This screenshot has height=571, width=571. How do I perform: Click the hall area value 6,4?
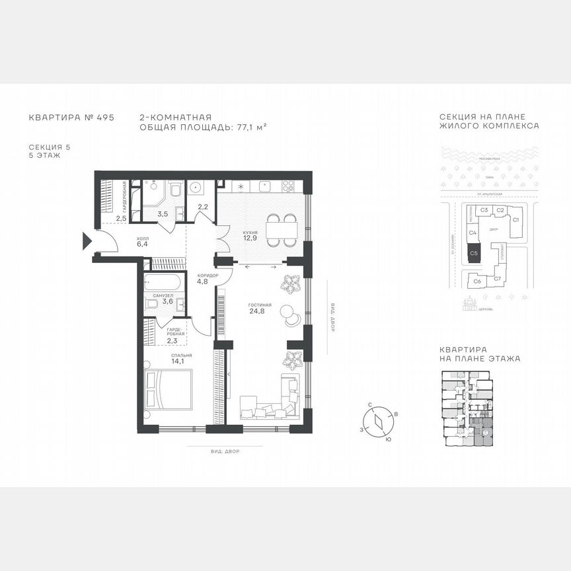(143, 245)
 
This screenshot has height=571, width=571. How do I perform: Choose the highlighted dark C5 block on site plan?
(473, 252)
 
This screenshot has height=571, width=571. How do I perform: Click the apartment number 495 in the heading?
(106, 117)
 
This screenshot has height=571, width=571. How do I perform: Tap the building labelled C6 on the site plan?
(477, 282)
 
